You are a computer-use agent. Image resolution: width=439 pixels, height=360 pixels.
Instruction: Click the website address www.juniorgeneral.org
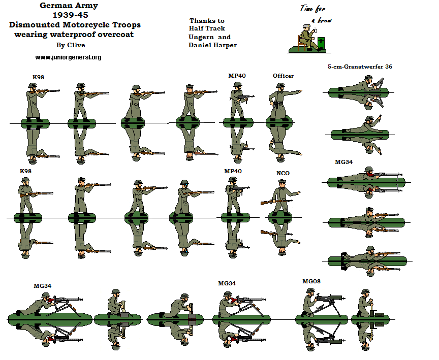(68, 57)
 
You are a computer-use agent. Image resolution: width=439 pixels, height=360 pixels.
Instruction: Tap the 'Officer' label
(283, 76)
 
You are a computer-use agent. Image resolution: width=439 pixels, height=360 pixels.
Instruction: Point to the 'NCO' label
(283, 173)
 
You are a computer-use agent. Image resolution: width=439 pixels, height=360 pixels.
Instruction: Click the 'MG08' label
(311, 281)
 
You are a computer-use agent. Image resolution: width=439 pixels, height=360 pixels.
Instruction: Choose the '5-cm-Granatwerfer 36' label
(360, 67)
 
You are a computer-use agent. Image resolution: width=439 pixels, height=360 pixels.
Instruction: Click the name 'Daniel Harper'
(212, 45)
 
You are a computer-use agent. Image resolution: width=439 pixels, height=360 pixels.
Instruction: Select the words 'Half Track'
(207, 28)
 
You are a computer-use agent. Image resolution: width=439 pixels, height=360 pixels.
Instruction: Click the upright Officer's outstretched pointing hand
(299, 91)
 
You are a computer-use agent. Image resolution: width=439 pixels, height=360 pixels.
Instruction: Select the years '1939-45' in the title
(70, 15)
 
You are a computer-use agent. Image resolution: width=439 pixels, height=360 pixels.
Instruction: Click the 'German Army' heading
(69, 6)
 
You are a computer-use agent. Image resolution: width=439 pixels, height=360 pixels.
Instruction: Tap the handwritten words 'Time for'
(312, 9)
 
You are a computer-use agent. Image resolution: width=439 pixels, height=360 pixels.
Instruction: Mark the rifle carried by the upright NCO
(269, 202)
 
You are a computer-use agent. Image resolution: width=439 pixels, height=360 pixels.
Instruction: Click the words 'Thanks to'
(206, 20)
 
